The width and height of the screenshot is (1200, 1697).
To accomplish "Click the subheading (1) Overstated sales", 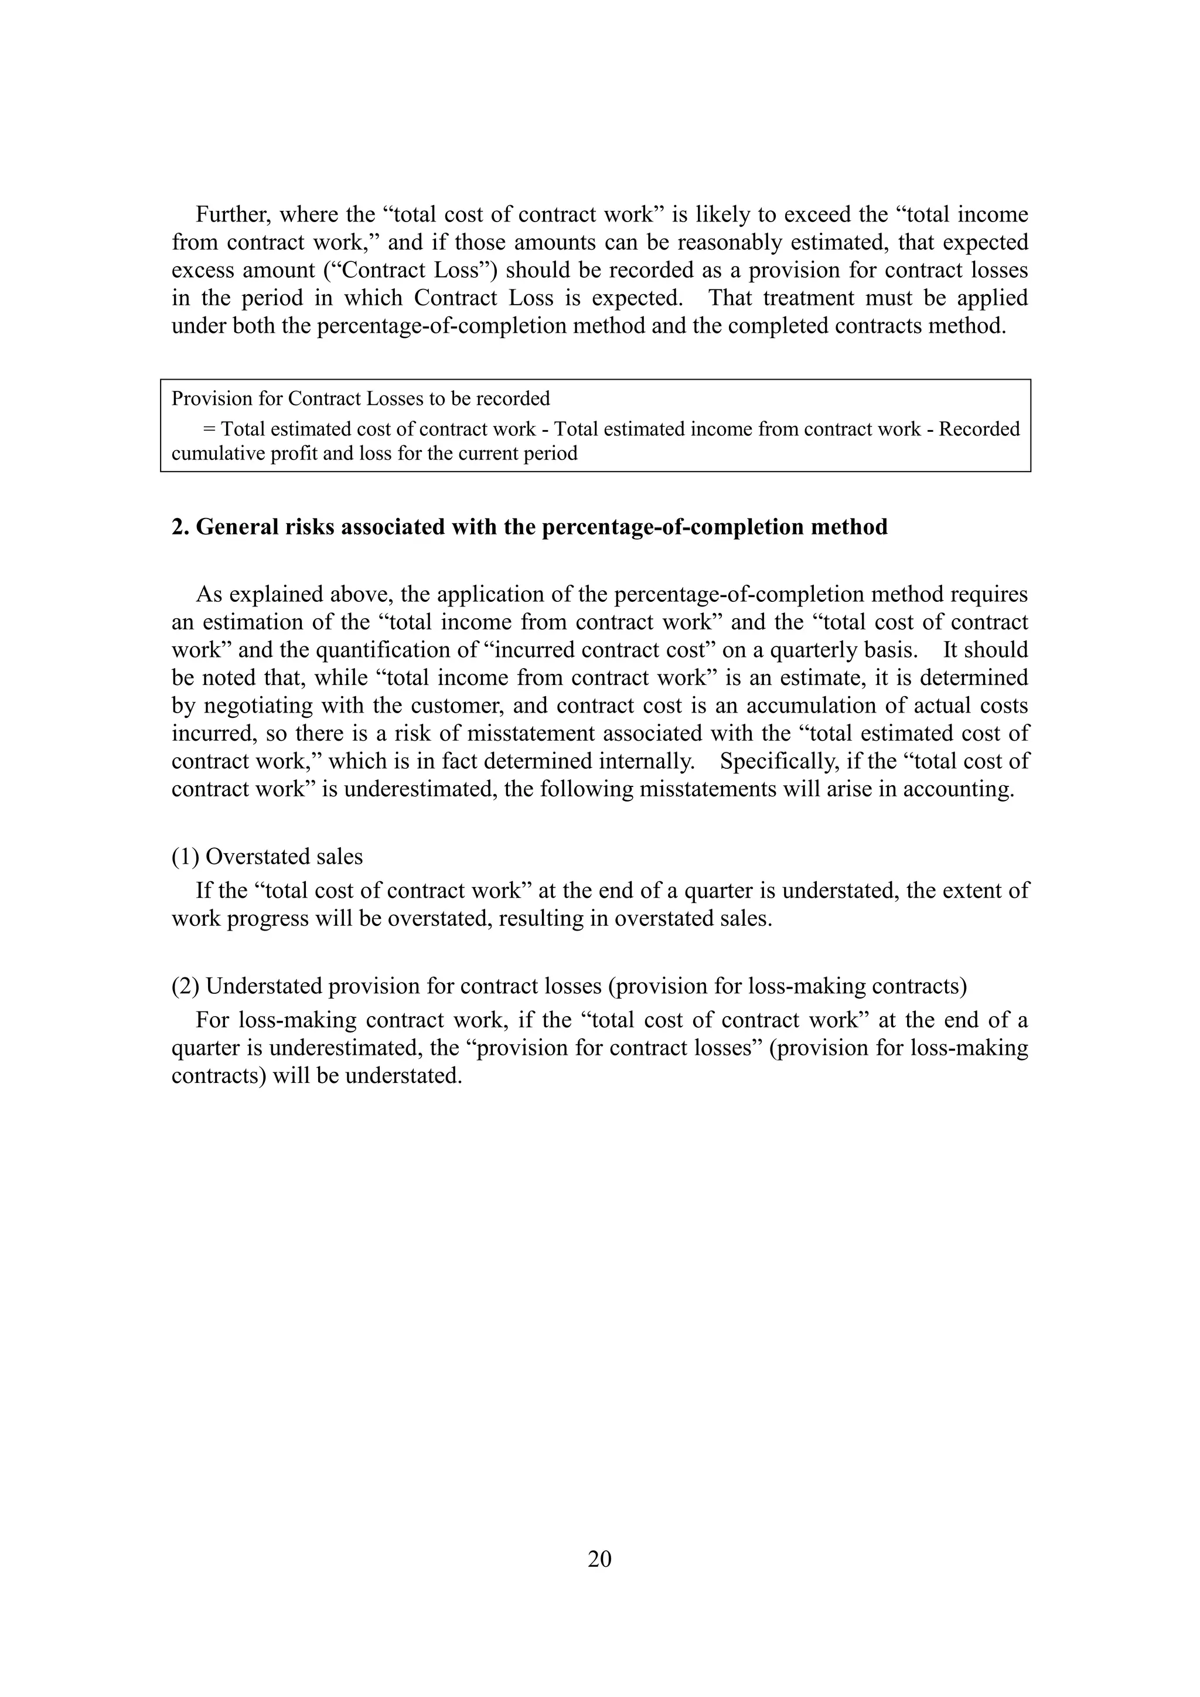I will click(267, 856).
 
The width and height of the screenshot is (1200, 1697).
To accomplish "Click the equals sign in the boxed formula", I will click(209, 429).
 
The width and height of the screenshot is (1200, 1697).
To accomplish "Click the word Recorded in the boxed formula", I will click(979, 429).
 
